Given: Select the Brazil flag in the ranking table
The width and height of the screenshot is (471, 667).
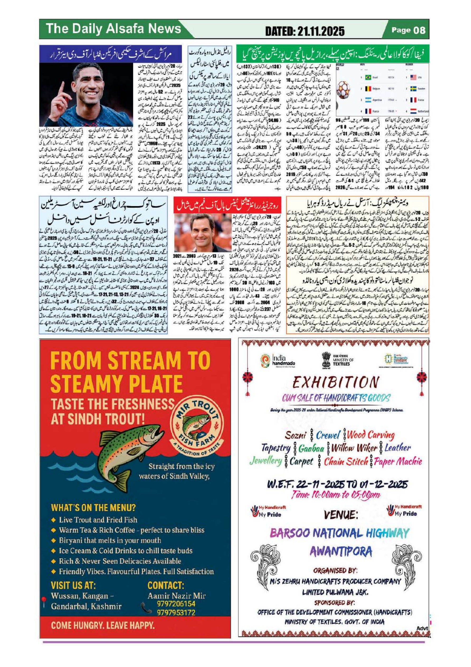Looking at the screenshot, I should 369,78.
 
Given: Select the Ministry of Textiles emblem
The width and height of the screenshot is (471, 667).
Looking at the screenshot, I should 328,360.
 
